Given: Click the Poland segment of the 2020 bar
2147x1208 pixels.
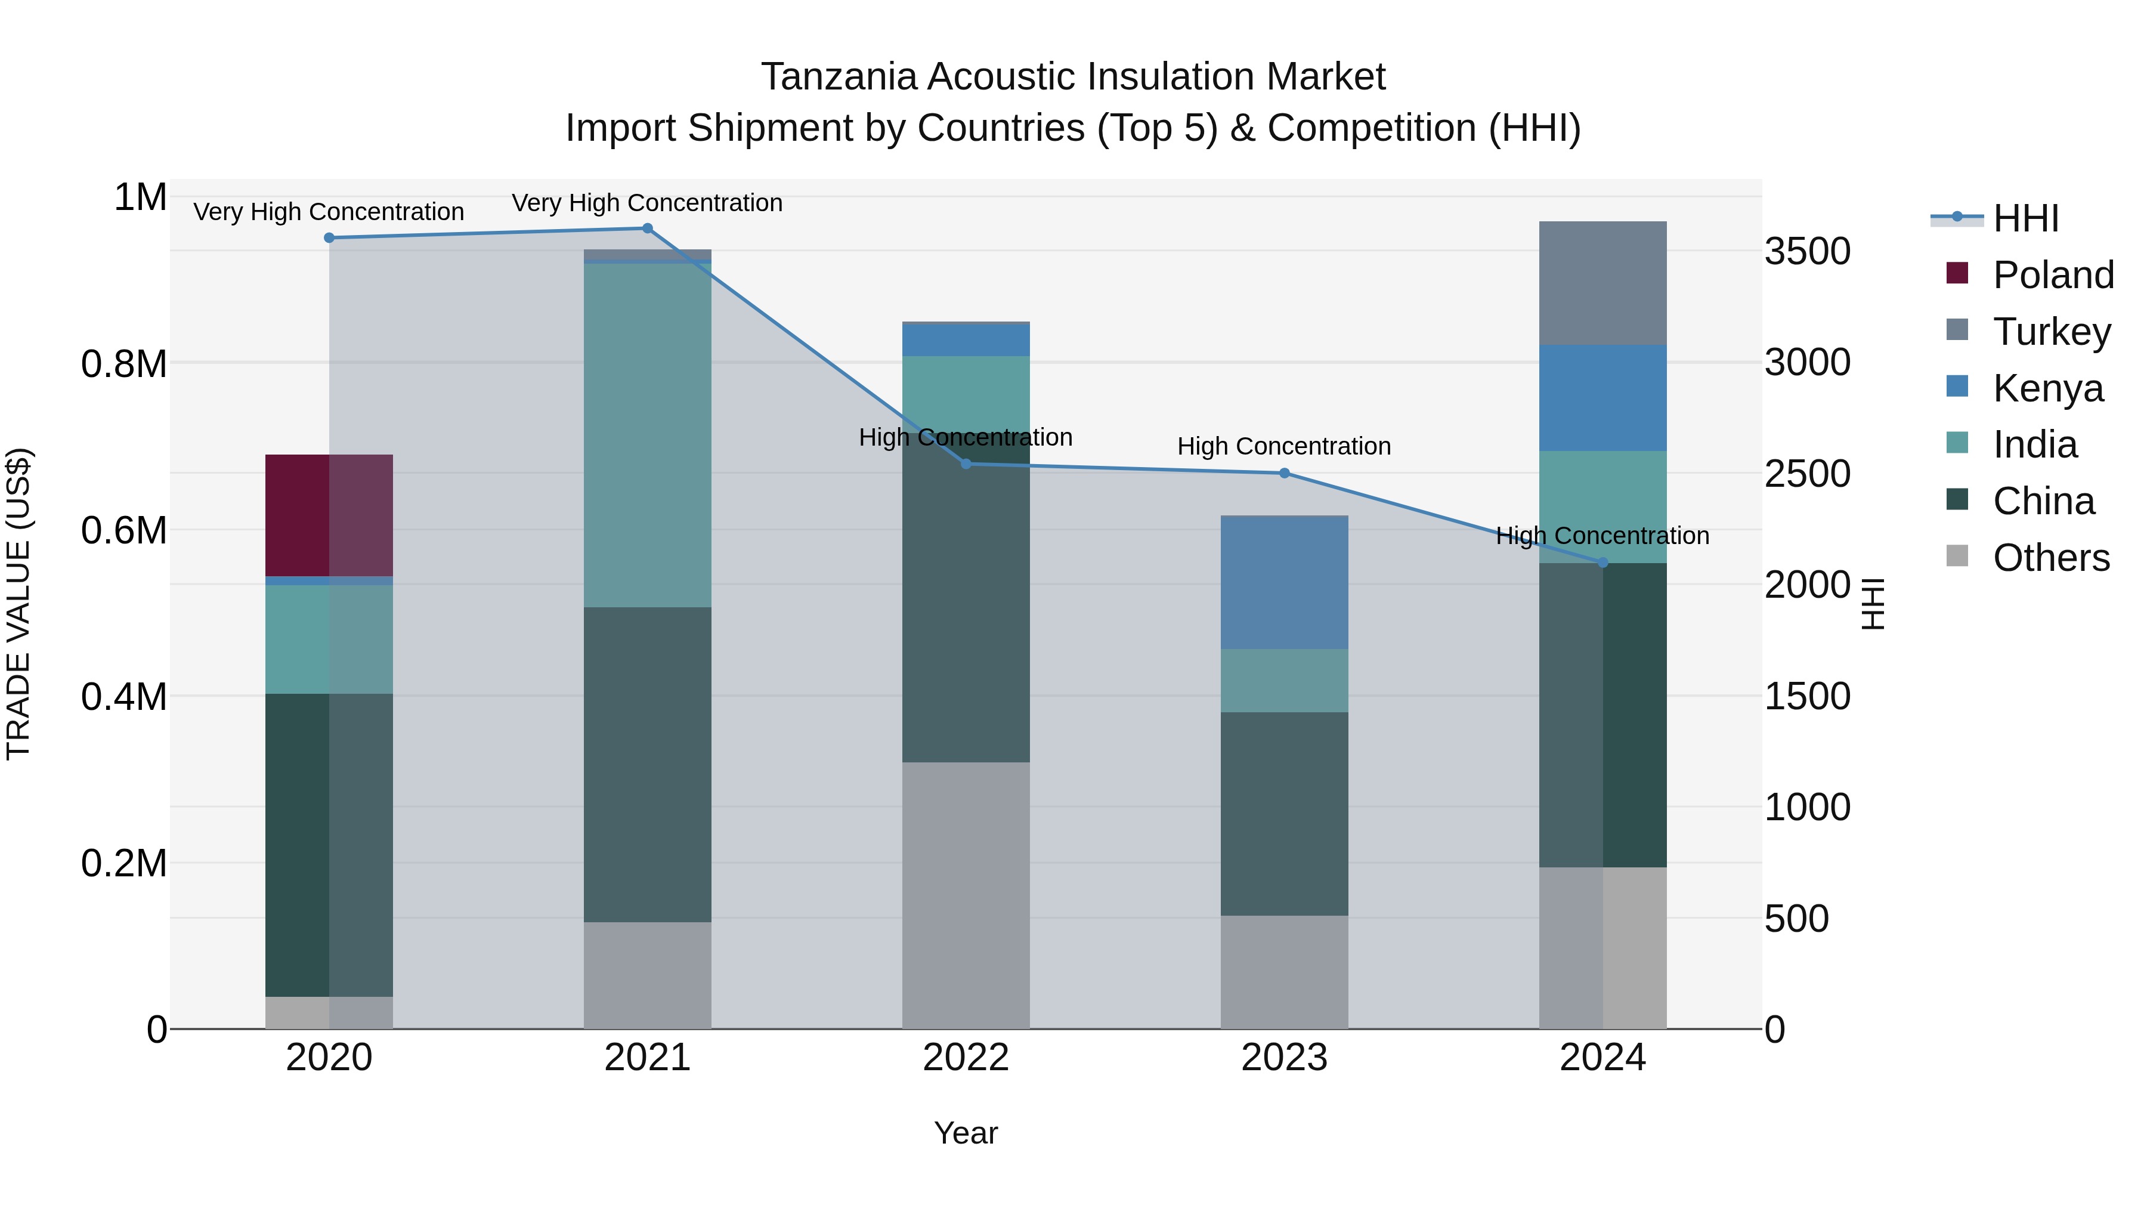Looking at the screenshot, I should [x=329, y=515].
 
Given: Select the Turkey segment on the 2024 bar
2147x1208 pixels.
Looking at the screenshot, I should [x=1602, y=283].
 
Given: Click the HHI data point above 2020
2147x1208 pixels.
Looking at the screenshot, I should [x=329, y=237].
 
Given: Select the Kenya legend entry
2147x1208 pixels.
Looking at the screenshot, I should [x=2047, y=388].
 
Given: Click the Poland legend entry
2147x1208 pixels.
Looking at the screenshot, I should [x=2052, y=275].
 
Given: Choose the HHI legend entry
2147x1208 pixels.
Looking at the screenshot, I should [x=2025, y=218].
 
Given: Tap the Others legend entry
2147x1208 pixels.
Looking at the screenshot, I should [x=2050, y=558].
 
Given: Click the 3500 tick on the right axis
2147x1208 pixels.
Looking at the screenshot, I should [x=1807, y=251].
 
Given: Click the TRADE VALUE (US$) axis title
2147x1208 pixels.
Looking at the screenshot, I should [x=18, y=604].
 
